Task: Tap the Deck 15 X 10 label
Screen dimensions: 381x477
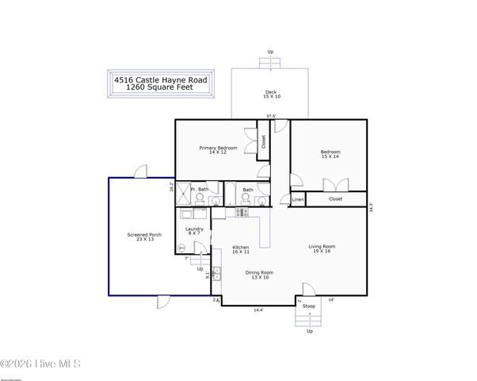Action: pos(272,94)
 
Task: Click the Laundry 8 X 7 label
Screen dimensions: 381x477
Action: pos(194,231)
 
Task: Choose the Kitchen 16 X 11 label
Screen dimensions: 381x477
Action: pos(240,250)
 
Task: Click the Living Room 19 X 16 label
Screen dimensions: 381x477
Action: pos(322,248)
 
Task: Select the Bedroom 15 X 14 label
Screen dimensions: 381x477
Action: pos(330,154)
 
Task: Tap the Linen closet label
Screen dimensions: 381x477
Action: pos(298,199)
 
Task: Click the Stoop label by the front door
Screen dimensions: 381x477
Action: pos(309,306)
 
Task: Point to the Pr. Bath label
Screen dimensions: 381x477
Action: pos(199,189)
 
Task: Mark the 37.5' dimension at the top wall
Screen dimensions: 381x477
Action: pos(271,117)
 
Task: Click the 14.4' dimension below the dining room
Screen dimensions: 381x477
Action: pos(258,310)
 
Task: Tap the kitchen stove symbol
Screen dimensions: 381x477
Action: pos(242,213)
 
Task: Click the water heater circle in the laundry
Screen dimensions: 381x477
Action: pos(181,248)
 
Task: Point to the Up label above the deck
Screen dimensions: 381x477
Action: pos(270,52)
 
